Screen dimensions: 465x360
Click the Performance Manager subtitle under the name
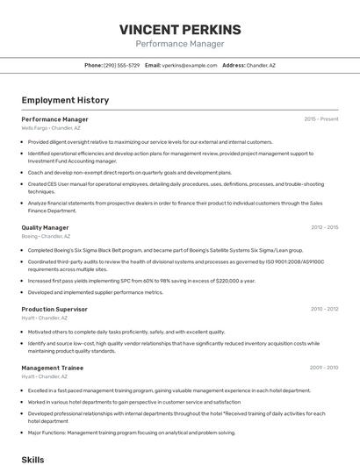[179, 44]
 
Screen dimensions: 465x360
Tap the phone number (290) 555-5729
[121, 65]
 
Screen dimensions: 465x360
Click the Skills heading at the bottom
[32, 459]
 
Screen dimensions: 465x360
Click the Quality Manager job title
[45, 227]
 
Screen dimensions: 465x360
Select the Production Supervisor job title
[54, 309]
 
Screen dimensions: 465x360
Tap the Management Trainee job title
[53, 368]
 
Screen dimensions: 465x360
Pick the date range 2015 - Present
[320, 119]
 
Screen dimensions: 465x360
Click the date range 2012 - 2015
[324, 227]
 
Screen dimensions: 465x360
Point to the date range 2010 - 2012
[324, 309]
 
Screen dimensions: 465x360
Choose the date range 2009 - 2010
[324, 368]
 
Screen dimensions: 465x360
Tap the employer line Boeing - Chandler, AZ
[46, 236]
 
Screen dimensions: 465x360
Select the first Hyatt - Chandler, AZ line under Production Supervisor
[44, 318]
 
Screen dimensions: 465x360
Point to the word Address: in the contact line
[234, 65]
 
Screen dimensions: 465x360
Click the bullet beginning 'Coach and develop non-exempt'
[130, 172]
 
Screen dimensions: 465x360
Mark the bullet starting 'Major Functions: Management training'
[132, 433]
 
